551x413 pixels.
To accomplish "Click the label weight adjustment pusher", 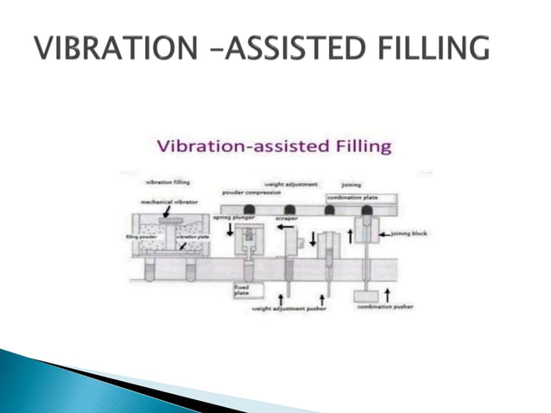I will (x=288, y=307).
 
